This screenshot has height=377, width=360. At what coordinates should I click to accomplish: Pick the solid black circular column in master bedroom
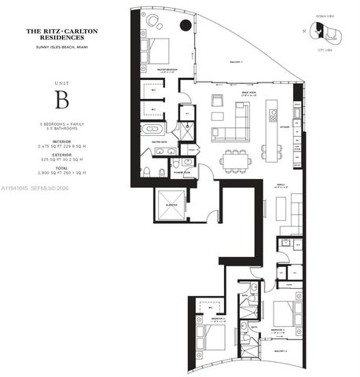click(186, 25)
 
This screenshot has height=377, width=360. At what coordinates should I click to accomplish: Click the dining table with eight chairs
click(235, 158)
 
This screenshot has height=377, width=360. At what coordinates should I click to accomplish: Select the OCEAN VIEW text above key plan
click(323, 14)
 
